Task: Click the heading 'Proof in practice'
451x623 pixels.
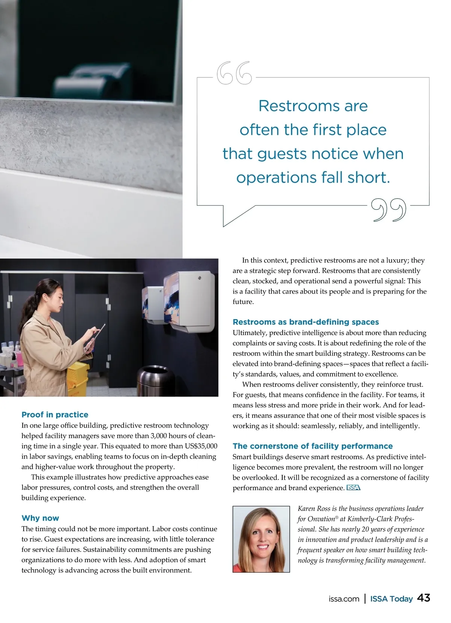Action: coord(55,415)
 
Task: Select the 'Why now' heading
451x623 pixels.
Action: coord(40,518)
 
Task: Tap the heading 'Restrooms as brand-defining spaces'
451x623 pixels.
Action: coord(306,322)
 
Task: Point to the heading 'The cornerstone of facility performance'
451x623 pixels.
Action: coord(312,446)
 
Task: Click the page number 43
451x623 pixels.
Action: coord(424,598)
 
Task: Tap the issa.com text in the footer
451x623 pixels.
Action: coord(344,599)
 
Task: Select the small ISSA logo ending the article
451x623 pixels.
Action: coord(353,488)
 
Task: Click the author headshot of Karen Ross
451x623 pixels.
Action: coord(261,539)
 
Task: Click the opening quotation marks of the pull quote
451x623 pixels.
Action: coord(234,73)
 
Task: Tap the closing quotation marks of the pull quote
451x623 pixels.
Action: coord(389,209)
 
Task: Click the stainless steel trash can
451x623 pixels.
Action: coord(155,380)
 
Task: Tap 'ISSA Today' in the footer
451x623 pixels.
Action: coord(391,599)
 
